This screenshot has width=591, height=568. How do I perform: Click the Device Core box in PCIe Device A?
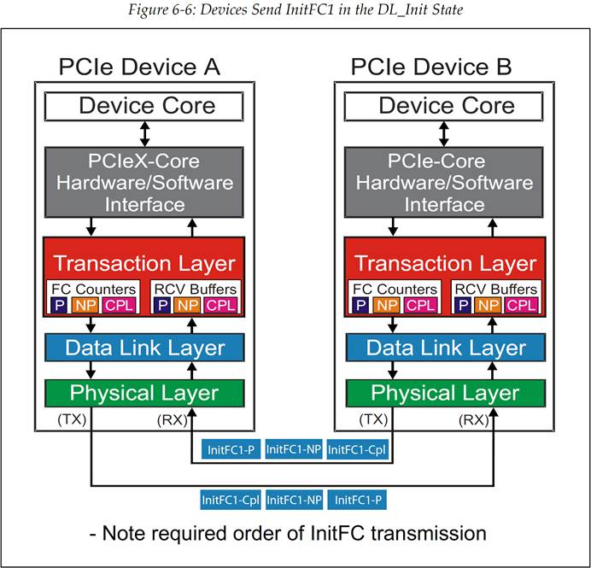147,107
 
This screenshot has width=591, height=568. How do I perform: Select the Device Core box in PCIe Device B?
446,107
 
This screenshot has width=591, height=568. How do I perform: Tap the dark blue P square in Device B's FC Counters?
360,305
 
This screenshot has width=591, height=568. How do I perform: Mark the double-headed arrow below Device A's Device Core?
144,132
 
